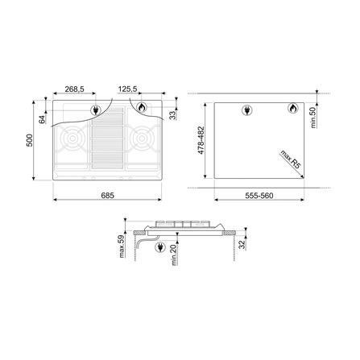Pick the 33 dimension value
pos(176,114)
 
